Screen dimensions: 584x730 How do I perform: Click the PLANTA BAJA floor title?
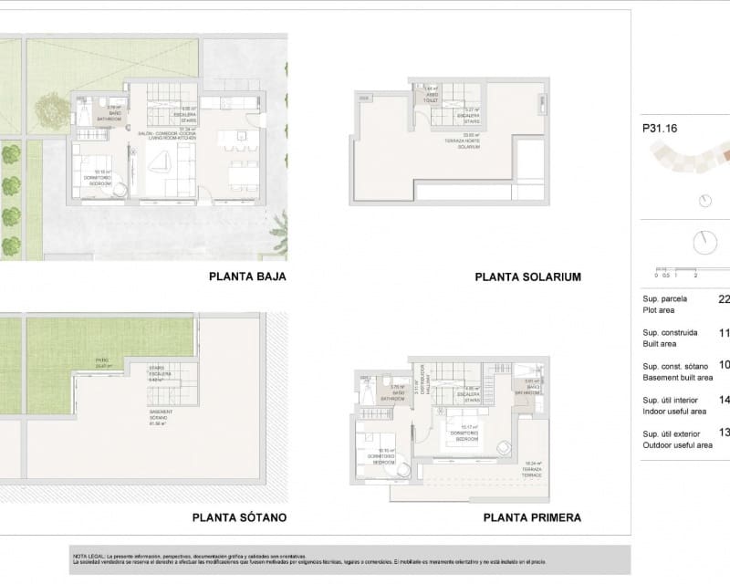tap(248, 276)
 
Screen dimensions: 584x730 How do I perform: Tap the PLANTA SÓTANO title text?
tap(239, 517)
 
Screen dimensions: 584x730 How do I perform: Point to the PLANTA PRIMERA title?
tap(532, 517)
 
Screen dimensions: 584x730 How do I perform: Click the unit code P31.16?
tap(660, 130)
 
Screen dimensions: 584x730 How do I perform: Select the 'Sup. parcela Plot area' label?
tap(665, 304)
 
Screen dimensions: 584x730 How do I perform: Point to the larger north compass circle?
tap(704, 243)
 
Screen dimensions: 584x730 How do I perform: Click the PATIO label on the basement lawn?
tap(102, 362)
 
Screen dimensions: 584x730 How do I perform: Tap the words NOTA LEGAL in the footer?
tap(89, 555)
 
